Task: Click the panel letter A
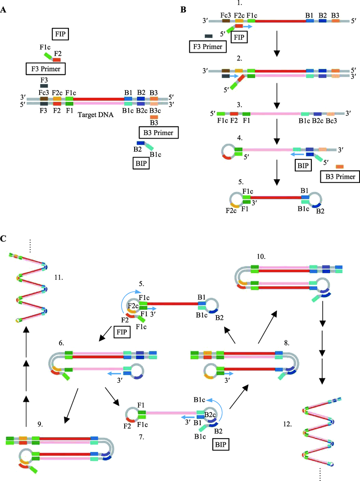click(x=3, y=10)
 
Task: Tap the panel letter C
click(x=3, y=238)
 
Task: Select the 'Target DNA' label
click(x=95, y=115)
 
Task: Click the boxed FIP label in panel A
click(x=60, y=34)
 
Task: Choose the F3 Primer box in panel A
click(x=45, y=69)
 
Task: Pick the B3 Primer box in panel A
click(x=158, y=132)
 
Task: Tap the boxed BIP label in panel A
click(x=141, y=163)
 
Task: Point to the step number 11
click(x=58, y=277)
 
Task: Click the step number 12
click(x=288, y=425)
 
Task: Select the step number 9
click(x=40, y=425)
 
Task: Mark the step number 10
click(x=261, y=256)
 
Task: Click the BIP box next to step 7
click(x=220, y=445)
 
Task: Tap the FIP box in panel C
click(x=122, y=332)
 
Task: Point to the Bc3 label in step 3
click(x=331, y=121)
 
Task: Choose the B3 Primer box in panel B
click(x=340, y=177)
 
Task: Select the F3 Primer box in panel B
click(x=208, y=47)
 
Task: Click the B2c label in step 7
click(x=210, y=415)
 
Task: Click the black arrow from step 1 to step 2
click(x=277, y=44)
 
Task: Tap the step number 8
click(x=287, y=343)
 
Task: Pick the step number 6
click(x=62, y=343)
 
